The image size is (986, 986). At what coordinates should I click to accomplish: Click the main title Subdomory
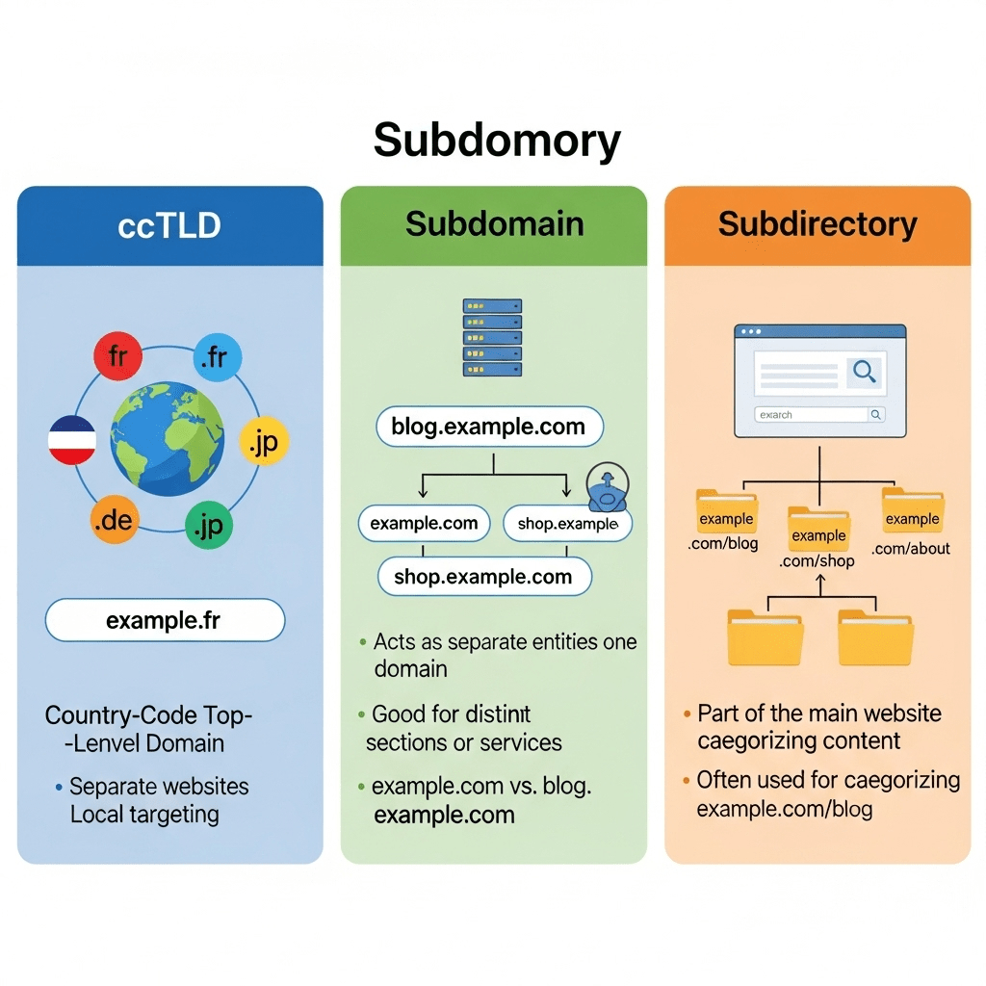click(497, 141)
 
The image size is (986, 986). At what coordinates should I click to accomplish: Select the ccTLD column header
click(169, 225)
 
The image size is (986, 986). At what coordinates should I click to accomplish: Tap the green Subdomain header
click(494, 224)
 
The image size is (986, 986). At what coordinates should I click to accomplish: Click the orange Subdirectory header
click(817, 224)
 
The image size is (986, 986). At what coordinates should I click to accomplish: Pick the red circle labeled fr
click(117, 357)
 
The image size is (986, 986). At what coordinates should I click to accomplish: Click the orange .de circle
click(115, 521)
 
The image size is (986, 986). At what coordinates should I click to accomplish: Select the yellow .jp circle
click(263, 442)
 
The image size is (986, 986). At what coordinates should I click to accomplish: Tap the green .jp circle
click(209, 526)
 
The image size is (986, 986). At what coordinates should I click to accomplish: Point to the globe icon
click(168, 439)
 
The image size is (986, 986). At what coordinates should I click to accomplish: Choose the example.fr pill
click(166, 621)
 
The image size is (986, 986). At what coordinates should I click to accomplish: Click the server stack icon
click(492, 337)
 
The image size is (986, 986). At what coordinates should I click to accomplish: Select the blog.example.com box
click(488, 428)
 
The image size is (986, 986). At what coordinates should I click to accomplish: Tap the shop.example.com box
click(483, 577)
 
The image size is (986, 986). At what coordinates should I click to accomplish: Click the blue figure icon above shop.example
click(607, 490)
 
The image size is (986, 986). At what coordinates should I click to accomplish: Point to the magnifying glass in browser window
click(864, 372)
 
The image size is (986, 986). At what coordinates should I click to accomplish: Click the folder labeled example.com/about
click(912, 510)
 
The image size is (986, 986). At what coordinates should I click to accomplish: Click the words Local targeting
click(144, 815)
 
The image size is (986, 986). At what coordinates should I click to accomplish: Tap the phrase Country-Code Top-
click(149, 715)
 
